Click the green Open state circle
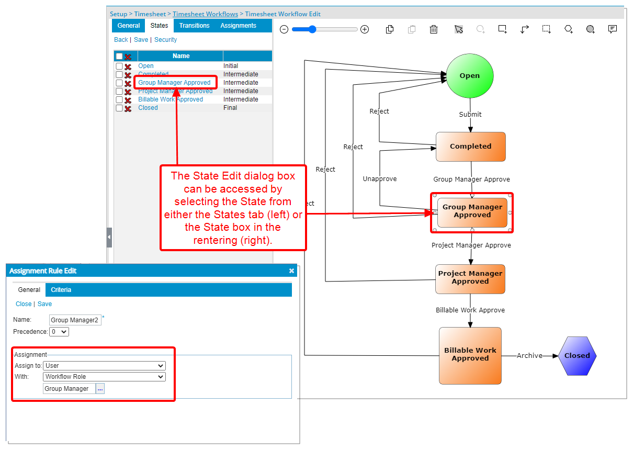click(x=469, y=76)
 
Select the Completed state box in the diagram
click(x=470, y=147)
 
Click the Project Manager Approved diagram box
click(x=470, y=278)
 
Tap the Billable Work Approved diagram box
click(x=470, y=355)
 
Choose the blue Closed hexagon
click(x=577, y=355)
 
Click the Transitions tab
click(x=194, y=26)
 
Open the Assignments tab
click(x=238, y=26)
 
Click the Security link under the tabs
click(x=165, y=40)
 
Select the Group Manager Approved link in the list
click(x=174, y=83)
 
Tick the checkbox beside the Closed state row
click(x=119, y=108)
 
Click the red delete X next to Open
click(x=128, y=66)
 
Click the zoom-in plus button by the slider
click(x=365, y=30)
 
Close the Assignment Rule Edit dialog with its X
click(x=291, y=271)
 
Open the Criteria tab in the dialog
click(x=61, y=290)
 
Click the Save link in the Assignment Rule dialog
click(x=44, y=304)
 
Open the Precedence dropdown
click(x=59, y=332)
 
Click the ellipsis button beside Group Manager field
click(x=100, y=389)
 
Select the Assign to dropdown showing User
click(x=104, y=366)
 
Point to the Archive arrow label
click(x=529, y=355)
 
